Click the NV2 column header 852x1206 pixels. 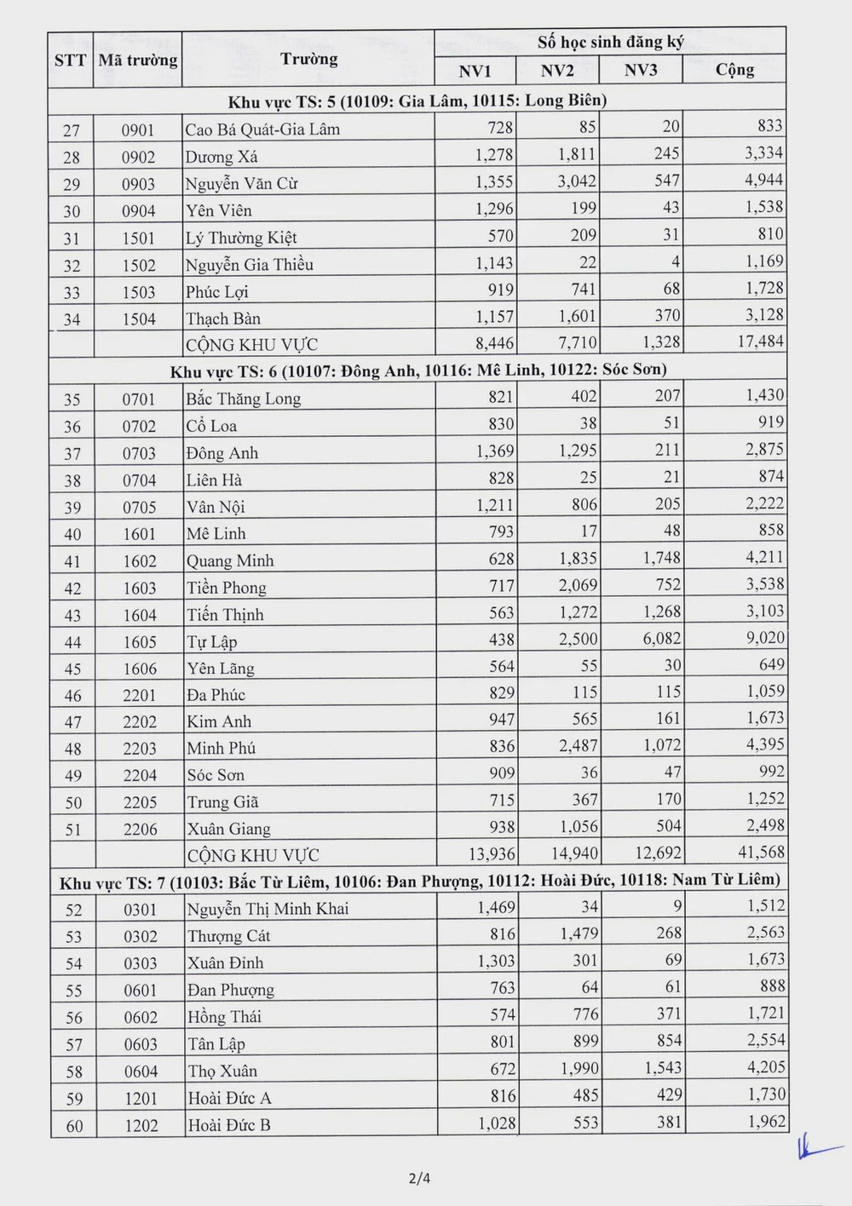(x=557, y=70)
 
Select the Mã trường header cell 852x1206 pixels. (x=137, y=60)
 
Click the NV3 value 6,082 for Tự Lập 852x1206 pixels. (x=659, y=639)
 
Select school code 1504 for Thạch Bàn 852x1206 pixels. (x=138, y=319)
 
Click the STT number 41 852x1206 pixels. (x=72, y=561)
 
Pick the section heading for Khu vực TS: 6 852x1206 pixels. (x=417, y=370)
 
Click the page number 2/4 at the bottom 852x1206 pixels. (x=419, y=1180)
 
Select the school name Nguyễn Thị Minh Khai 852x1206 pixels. (x=268, y=909)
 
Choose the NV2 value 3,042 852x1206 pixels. (x=577, y=181)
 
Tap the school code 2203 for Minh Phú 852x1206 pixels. (x=140, y=749)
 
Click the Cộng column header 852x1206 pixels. (x=734, y=70)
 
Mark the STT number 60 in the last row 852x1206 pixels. (x=74, y=1126)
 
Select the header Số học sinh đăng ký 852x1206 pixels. (x=610, y=42)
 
